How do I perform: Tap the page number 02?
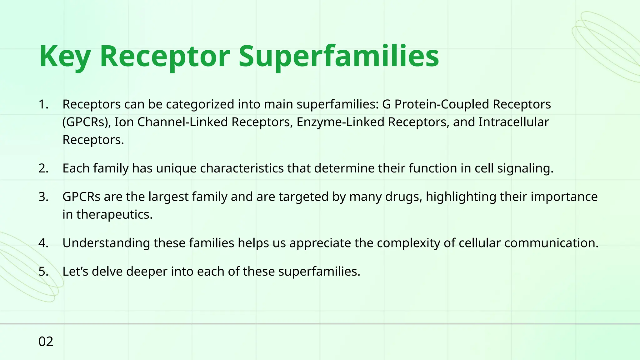(46, 342)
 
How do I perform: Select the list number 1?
(43, 104)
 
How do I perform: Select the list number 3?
(43, 197)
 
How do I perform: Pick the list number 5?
(43, 272)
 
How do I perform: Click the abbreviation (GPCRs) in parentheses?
(86, 122)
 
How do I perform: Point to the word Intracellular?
(513, 122)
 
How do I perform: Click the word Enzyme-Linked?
(340, 122)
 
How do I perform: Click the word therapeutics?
(114, 215)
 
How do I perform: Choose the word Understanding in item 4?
(106, 243)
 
